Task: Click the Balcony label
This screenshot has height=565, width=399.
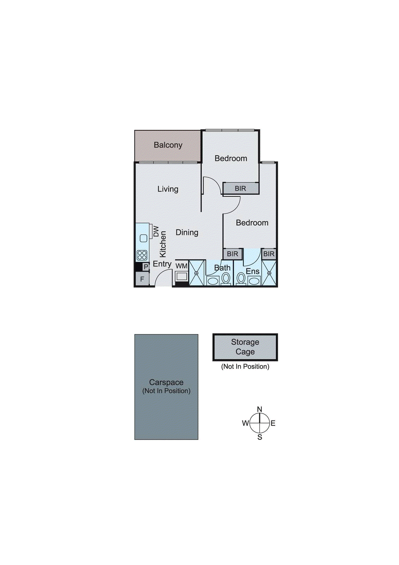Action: (x=168, y=145)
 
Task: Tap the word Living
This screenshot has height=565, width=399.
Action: (x=168, y=189)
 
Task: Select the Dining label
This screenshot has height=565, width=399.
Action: (x=187, y=232)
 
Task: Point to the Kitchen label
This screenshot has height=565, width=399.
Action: (x=163, y=244)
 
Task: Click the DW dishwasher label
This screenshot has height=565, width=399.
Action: (x=156, y=231)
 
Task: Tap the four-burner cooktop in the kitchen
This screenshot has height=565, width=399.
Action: (x=142, y=255)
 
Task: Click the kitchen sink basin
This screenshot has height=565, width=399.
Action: (x=143, y=238)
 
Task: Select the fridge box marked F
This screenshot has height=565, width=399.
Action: (x=142, y=279)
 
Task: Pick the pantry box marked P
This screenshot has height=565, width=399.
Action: (x=145, y=267)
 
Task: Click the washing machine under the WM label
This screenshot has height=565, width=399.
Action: (x=182, y=276)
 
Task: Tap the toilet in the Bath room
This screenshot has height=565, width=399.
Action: (x=226, y=279)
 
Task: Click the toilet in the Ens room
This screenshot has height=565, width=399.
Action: (x=241, y=278)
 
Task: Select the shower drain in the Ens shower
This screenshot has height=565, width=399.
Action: (x=269, y=273)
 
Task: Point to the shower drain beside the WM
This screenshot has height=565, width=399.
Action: (x=197, y=273)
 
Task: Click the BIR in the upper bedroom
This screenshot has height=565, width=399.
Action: (x=241, y=188)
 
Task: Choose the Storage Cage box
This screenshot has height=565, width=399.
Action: (x=245, y=347)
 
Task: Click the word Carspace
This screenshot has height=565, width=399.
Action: (x=166, y=382)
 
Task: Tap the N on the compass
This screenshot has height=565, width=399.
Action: (x=260, y=409)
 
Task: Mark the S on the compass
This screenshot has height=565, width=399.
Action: (x=260, y=437)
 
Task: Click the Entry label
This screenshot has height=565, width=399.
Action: (x=162, y=264)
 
